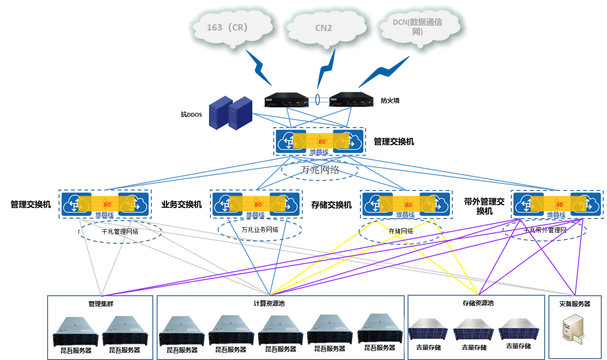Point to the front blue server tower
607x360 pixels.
[240, 114]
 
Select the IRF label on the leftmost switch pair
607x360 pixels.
[108, 204]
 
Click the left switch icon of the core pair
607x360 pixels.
[291, 141]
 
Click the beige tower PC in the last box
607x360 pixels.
[573, 329]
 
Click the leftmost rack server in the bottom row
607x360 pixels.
[76, 331]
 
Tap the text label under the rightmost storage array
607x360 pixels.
[518, 347]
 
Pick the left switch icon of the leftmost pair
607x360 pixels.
[77, 204]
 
